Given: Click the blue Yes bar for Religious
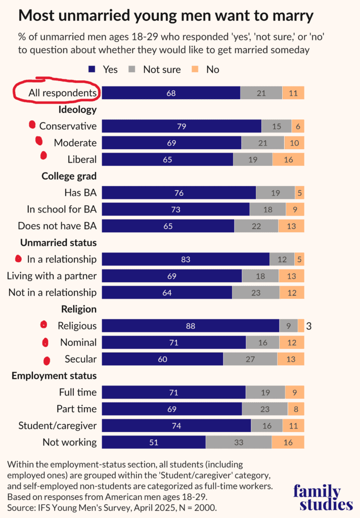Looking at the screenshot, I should tap(191, 326).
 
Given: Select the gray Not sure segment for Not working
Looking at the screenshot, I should tap(239, 442).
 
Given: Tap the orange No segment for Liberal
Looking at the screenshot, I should tap(288, 159).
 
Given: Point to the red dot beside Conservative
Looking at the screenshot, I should tap(32, 124).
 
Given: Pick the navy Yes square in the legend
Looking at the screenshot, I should tap(93, 69).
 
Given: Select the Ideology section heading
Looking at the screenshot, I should tap(77, 109).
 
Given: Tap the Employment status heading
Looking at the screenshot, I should tap(54, 376).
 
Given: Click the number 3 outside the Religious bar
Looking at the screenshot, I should tap(308, 326).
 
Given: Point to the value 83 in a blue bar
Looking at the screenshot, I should tap(186, 260).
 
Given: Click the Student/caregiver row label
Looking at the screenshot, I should tap(57, 425).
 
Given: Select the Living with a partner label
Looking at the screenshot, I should tap(52, 276).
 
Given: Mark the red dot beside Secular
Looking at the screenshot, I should tap(47, 360).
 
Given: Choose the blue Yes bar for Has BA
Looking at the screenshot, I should tap(179, 193).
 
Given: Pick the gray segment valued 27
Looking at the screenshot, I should tap(250, 359).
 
